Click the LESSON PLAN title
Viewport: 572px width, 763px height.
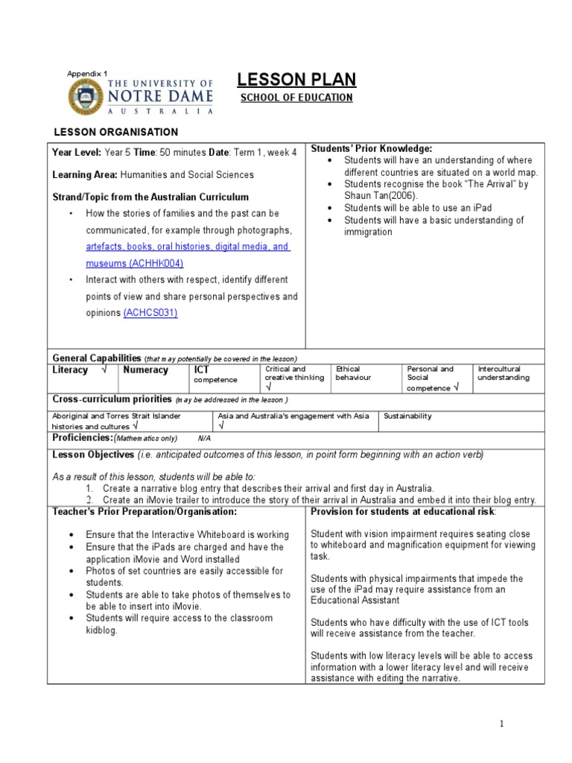click(x=296, y=80)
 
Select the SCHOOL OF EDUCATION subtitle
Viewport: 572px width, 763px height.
click(x=296, y=98)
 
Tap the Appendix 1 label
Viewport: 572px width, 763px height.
click(x=87, y=73)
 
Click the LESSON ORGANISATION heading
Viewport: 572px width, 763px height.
click(x=115, y=132)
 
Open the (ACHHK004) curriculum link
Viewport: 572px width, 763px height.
click(x=156, y=264)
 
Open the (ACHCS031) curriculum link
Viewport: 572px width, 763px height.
click(x=150, y=313)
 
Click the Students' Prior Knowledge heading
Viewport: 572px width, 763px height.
click(x=371, y=149)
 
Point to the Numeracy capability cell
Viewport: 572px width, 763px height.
click(x=145, y=370)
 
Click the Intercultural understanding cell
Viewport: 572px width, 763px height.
click(x=503, y=373)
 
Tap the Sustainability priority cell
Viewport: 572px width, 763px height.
click(x=407, y=416)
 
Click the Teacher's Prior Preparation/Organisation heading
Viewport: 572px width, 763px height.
click(x=144, y=512)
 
